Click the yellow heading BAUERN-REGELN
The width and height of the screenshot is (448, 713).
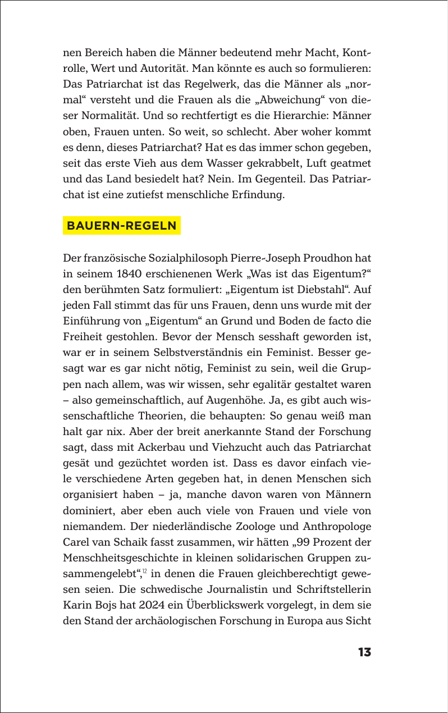pos(121,226)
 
